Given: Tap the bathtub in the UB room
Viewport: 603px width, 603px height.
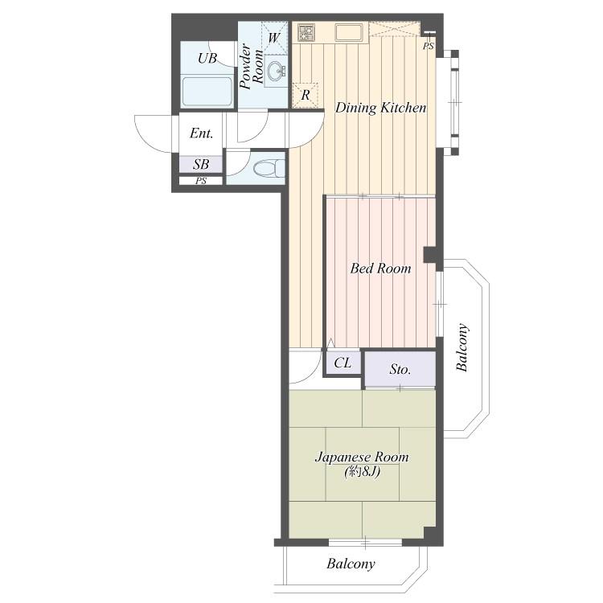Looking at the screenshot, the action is (207, 92).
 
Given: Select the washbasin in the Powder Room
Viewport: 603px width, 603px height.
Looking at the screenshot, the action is (276, 71).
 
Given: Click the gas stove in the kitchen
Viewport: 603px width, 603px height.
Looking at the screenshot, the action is (306, 33).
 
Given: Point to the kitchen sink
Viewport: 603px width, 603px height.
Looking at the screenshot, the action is (348, 33).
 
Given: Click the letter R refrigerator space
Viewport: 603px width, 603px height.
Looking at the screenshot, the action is (306, 95).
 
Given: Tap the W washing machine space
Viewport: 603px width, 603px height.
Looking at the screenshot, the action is (274, 38).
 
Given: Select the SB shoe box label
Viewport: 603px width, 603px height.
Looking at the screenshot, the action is (201, 165).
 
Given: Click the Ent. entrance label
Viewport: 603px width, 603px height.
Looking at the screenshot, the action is (202, 133).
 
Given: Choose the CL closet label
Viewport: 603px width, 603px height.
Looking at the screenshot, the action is (343, 363).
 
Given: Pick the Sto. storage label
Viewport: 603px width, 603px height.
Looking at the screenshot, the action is (400, 369).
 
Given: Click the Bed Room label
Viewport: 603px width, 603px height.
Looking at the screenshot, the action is (380, 268).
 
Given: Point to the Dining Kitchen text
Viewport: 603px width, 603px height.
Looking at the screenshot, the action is (381, 108).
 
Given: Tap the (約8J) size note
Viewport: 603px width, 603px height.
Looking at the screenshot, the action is (363, 470).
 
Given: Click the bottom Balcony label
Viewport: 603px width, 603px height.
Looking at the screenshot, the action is (351, 564).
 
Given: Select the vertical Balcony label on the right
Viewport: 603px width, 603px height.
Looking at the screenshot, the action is (462, 347).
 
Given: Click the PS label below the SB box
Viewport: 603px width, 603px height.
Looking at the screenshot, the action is (201, 181).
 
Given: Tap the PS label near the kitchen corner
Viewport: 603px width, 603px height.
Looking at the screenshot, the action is (429, 47).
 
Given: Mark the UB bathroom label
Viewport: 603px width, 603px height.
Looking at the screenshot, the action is (207, 59).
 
